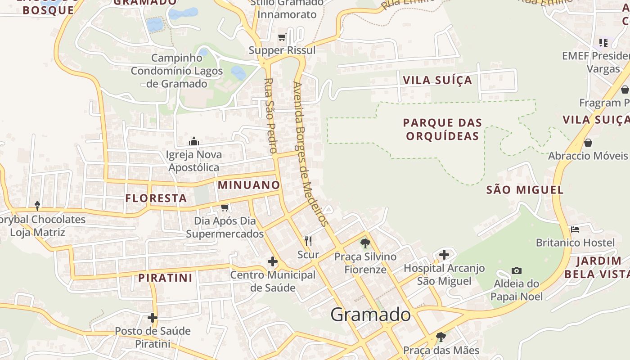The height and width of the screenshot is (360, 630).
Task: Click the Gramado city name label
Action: point(370,315)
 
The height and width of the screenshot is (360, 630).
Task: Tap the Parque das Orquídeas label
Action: point(442,129)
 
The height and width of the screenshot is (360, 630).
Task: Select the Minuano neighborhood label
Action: point(249,185)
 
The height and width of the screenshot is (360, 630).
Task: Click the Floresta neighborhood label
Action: point(156,198)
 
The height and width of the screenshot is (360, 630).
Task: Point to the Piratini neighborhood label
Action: point(166,278)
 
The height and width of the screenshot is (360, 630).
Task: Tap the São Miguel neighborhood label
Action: point(525,190)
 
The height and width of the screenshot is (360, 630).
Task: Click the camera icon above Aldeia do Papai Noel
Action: point(517,270)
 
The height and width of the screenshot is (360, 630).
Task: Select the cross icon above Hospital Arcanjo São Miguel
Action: point(444,255)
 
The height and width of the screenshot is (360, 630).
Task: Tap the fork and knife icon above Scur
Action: point(308,241)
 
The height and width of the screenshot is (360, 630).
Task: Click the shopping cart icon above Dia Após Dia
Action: point(225,207)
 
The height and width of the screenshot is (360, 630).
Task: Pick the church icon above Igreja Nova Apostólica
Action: point(194,142)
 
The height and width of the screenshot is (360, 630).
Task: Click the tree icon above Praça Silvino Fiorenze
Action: point(365,243)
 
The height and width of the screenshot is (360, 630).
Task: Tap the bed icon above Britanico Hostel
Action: point(575,229)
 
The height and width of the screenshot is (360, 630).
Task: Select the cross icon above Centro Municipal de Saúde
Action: point(272,261)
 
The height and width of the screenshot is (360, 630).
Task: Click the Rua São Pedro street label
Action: point(270,116)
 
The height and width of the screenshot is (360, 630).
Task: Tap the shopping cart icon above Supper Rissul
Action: point(282,37)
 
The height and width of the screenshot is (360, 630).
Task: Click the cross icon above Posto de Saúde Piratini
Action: point(153,318)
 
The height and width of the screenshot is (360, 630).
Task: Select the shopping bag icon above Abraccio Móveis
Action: point(588,143)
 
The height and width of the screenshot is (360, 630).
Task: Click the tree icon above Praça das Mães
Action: point(441,337)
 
